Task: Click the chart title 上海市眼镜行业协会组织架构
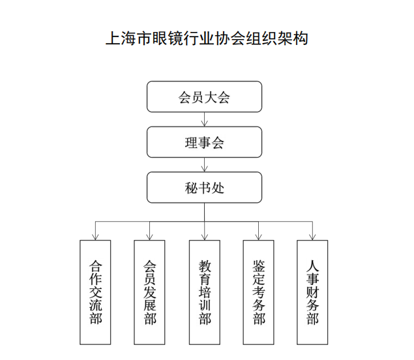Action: click(207, 38)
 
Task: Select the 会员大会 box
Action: click(204, 97)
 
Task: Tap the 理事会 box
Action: click(204, 142)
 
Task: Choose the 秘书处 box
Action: click(204, 188)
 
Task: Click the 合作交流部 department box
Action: click(95, 292)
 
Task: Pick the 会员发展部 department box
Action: click(149, 292)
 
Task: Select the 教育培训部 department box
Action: click(205, 292)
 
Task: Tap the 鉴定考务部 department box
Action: click(258, 292)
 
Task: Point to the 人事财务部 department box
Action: click(312, 292)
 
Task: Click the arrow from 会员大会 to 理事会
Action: click(204, 119)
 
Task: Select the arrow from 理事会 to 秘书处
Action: click(204, 165)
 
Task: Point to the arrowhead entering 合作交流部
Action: click(95, 237)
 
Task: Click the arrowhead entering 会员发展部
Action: click(149, 237)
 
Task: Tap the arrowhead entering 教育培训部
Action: click(205, 237)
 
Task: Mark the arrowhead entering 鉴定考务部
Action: click(258, 237)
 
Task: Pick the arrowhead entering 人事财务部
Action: click(312, 237)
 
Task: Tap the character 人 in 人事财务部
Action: click(312, 266)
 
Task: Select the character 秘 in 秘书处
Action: click(191, 188)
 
